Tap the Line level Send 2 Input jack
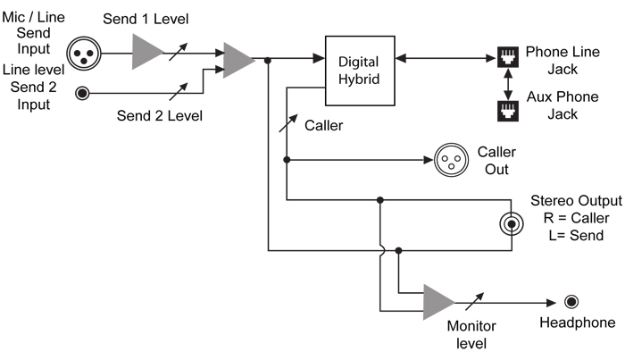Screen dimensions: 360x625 (x=84, y=91)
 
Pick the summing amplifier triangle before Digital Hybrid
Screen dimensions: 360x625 (x=237, y=60)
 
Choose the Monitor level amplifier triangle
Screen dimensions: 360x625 (x=438, y=302)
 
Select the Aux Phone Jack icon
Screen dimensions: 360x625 (x=508, y=110)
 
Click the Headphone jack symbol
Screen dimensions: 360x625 (x=571, y=302)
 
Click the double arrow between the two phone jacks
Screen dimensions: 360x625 (x=508, y=85)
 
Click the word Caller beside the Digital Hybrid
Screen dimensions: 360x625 (x=323, y=126)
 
